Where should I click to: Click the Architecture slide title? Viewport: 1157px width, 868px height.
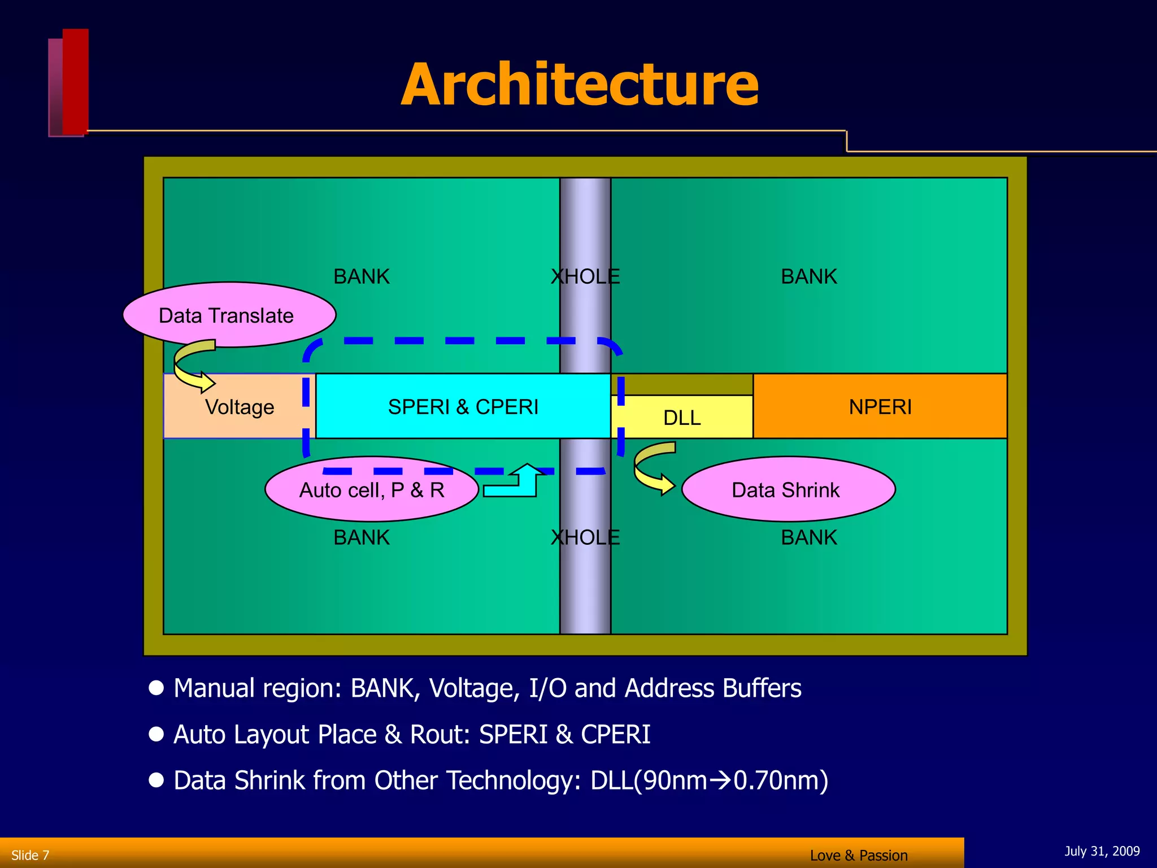click(x=580, y=85)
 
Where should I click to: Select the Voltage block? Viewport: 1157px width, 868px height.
click(x=240, y=406)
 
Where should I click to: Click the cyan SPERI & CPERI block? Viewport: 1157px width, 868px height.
click(x=463, y=406)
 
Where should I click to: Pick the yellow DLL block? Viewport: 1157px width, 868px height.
click(x=682, y=417)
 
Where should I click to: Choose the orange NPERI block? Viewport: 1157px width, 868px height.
click(x=880, y=406)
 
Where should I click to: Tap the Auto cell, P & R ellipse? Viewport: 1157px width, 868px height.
click(x=371, y=489)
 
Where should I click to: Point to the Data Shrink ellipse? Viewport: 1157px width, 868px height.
click(x=788, y=489)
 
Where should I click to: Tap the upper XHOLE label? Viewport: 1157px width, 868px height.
click(x=585, y=276)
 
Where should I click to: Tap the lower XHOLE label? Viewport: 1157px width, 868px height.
click(x=585, y=537)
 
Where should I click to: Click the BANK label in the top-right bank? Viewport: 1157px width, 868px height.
click(x=808, y=276)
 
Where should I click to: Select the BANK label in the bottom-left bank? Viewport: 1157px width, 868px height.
click(x=362, y=537)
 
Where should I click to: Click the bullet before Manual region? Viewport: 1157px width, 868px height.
click(x=156, y=688)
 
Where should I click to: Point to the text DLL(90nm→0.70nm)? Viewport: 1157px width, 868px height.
click(x=709, y=780)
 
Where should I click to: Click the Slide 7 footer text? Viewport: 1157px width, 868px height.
click(x=31, y=855)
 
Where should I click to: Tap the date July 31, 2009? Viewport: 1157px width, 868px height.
click(x=1102, y=851)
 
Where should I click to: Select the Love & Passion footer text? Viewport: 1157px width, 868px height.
click(x=858, y=856)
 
